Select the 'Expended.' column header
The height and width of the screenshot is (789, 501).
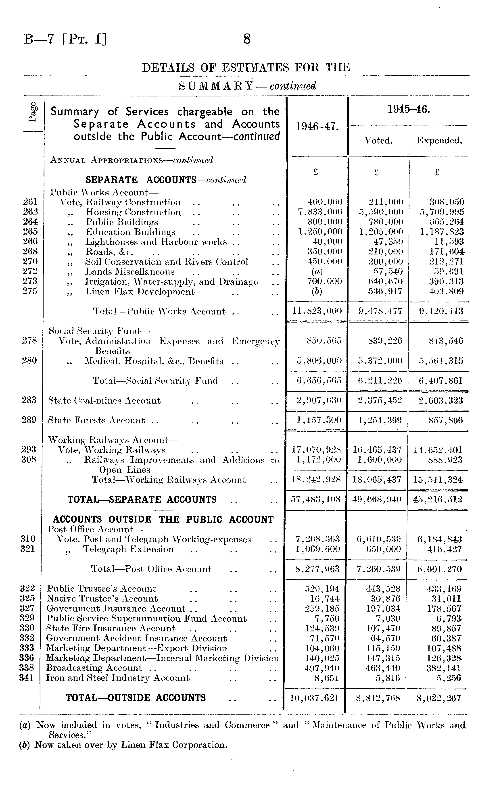[439, 141]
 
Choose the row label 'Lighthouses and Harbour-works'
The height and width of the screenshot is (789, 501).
[156, 242]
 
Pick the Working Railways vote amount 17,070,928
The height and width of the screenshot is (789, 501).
[317, 450]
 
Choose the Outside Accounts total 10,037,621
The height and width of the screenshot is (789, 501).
[314, 698]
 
